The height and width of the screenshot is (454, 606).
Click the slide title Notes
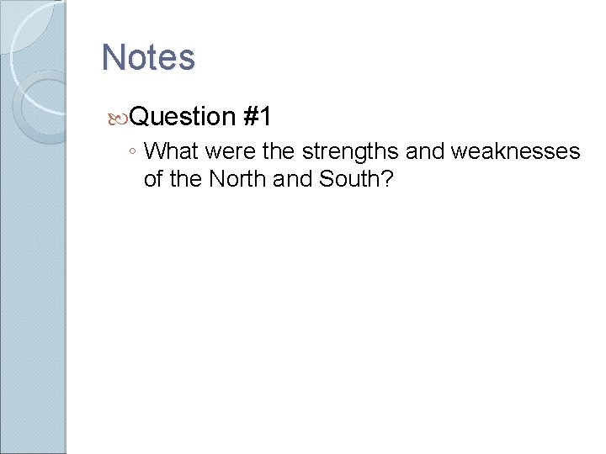148,57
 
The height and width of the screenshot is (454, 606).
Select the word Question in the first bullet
183,116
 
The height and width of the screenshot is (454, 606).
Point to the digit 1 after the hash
265,116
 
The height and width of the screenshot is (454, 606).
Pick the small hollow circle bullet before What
132,153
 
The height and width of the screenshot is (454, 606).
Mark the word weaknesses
515,151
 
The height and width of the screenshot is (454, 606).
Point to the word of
154,178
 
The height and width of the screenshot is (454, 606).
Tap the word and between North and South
289,178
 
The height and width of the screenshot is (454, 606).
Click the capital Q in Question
142,116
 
